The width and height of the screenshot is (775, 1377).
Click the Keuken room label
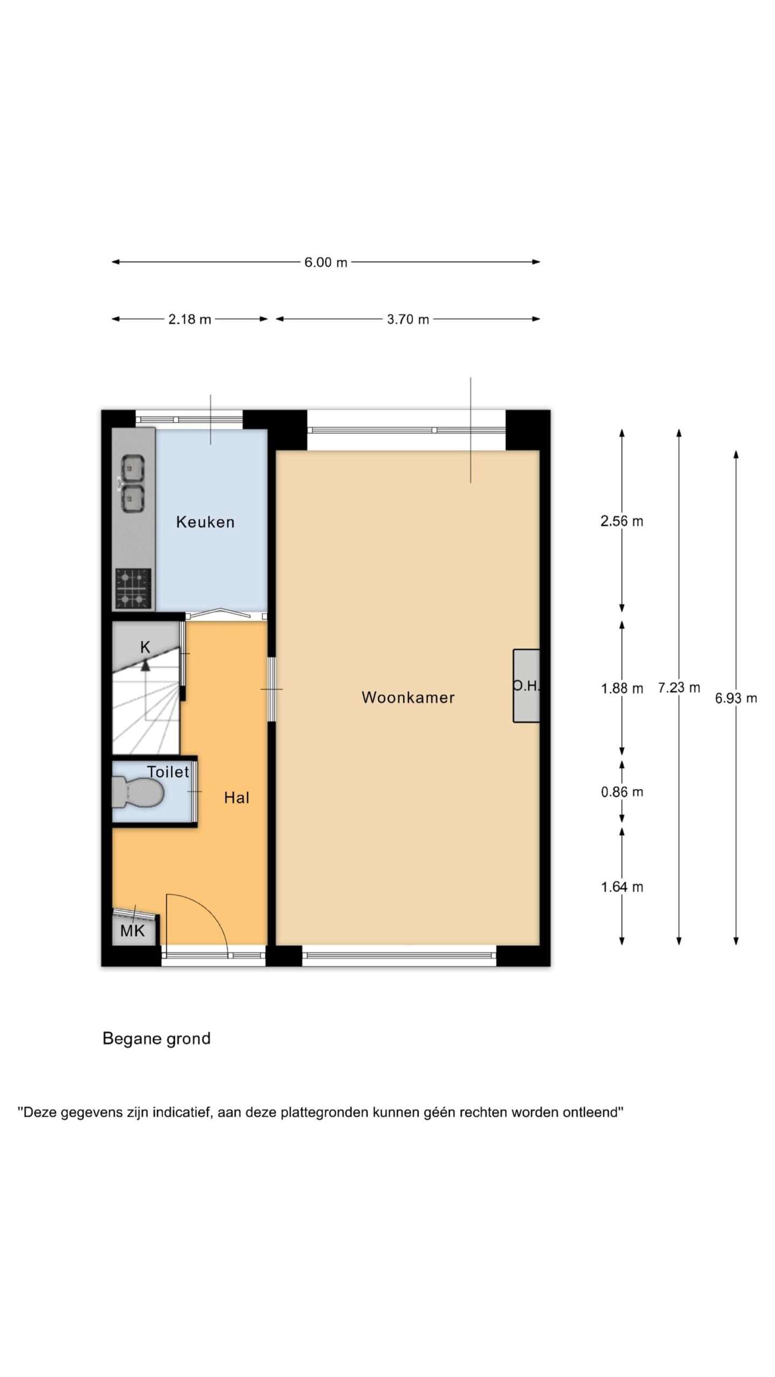coord(205,522)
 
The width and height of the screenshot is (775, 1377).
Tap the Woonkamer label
coord(408,697)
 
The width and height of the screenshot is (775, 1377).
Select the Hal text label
coord(237,797)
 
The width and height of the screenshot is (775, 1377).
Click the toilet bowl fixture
coord(138,792)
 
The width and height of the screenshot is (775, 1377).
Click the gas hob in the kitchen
coord(133,588)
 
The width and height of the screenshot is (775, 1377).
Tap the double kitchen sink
coord(132,484)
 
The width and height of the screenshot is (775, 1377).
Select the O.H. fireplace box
coord(526,686)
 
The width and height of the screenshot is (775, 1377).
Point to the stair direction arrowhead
coord(145,665)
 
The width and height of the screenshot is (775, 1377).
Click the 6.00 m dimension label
coord(326,262)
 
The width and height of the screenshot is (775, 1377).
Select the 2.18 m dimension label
coord(189,320)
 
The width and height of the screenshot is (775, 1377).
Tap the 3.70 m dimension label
coord(408,320)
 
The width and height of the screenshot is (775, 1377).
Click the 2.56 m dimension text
coord(622,521)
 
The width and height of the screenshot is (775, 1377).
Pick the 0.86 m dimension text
coord(622,792)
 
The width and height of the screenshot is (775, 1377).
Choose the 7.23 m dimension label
coord(679,687)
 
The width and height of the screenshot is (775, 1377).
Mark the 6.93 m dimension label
coord(736,698)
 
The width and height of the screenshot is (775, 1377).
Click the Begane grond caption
coord(157,1039)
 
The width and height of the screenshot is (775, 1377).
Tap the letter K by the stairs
coord(145,647)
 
